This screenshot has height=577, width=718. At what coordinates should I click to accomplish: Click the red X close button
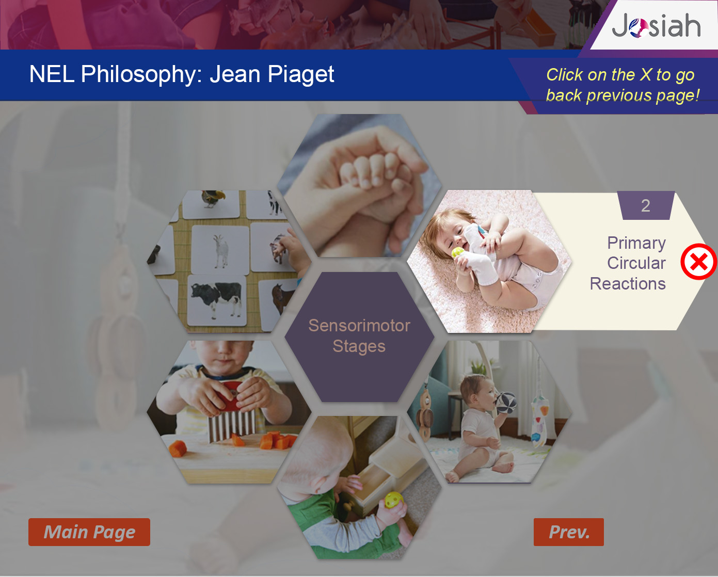point(699,262)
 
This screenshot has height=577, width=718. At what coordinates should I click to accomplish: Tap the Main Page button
point(89,532)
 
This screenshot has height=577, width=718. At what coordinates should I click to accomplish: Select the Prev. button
point(568,532)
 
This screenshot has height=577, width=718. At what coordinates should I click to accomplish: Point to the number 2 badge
point(646,205)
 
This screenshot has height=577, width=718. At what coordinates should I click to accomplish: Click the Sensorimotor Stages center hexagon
point(359,336)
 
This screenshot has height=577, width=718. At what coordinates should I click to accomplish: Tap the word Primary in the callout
point(636,243)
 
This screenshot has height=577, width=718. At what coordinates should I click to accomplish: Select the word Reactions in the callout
point(628,284)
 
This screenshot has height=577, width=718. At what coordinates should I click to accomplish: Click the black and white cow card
point(216,300)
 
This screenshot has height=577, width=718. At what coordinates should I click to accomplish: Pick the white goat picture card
point(220,250)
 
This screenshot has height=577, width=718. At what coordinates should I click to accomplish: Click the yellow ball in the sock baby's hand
point(457,253)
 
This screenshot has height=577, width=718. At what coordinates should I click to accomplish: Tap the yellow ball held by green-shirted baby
point(394,501)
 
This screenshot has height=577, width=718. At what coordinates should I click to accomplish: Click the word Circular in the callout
point(636,263)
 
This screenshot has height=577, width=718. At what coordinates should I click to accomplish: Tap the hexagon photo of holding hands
point(359,186)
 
